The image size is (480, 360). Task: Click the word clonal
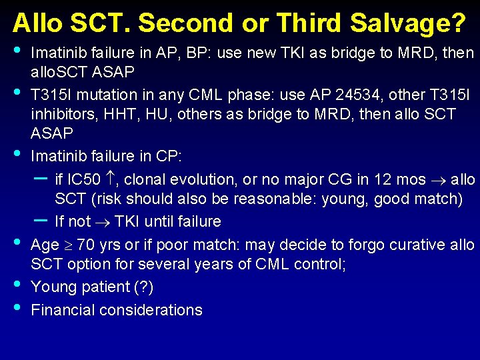145,179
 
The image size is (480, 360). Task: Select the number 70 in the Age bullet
85,245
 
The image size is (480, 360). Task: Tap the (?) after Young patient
141,287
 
